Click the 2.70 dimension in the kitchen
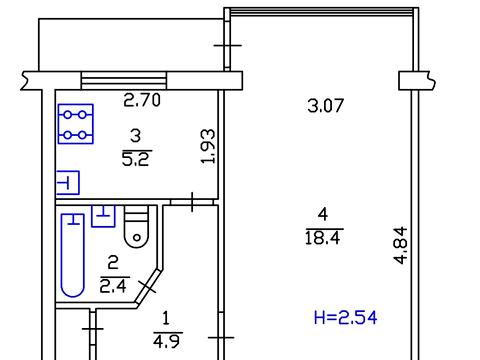point(142,100)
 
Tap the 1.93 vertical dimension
point(209,146)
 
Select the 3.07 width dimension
point(325,106)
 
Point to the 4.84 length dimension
point(400,245)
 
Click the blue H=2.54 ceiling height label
point(346,317)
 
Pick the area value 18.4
point(323,238)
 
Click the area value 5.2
point(137,159)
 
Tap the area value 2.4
point(113,286)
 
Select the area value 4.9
point(167,341)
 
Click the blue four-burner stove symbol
point(76,124)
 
